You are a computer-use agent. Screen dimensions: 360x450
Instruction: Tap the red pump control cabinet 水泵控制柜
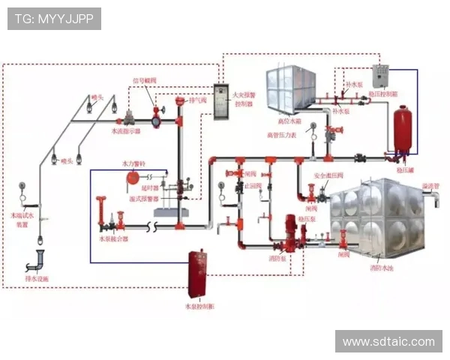pyautogui.click(x=197, y=274)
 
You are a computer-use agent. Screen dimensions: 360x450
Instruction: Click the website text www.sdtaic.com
pyautogui.click(x=388, y=341)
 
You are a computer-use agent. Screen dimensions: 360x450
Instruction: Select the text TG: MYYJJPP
pyautogui.click(x=54, y=19)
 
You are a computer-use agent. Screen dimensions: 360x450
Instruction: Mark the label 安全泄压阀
pyautogui.click(x=328, y=175)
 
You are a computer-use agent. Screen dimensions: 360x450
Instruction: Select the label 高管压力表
pyautogui.click(x=283, y=135)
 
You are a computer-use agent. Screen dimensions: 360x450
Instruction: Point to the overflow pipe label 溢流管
pyautogui.click(x=428, y=184)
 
